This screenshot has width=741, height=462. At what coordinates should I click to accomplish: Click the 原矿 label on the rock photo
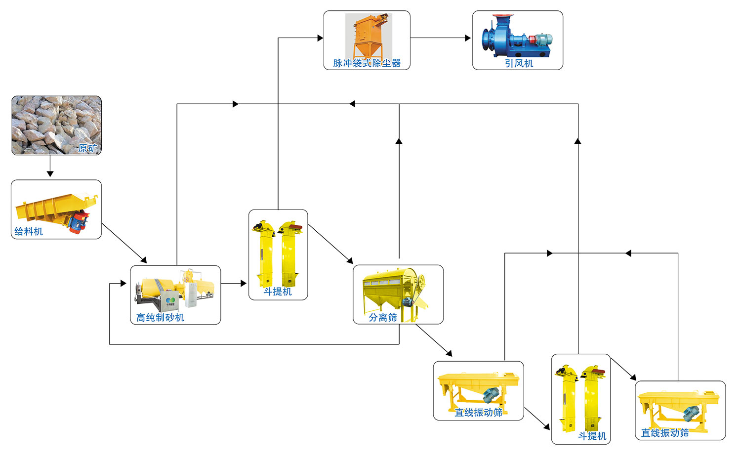(x=87, y=148)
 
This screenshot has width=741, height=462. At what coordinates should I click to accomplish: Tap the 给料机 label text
(x=29, y=231)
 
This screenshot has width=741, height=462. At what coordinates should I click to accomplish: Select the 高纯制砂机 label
(x=160, y=317)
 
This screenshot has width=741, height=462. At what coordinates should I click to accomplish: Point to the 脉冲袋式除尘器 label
(x=367, y=63)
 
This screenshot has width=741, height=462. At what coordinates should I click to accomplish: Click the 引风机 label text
(x=519, y=63)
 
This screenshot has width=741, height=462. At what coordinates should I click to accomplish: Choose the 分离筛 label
(x=383, y=317)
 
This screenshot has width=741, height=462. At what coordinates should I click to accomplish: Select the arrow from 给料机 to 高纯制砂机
(x=124, y=243)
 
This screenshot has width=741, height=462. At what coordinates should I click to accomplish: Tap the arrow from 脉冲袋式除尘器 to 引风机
(x=441, y=38)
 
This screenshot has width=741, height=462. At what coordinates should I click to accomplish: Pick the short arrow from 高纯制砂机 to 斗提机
(x=234, y=284)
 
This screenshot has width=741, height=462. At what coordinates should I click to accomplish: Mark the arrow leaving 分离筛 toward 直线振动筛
(x=434, y=340)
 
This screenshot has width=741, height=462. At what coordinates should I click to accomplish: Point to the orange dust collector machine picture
(x=368, y=35)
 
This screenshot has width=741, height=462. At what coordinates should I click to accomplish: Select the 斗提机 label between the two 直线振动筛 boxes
(x=592, y=436)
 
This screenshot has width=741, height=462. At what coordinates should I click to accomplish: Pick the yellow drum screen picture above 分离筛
(x=395, y=287)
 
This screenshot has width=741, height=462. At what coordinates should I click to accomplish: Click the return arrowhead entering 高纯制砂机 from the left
(x=123, y=284)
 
